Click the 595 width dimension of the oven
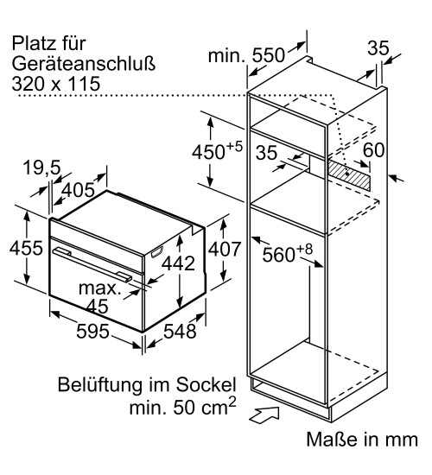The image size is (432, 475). pyautogui.click(x=92, y=331)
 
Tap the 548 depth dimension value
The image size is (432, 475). pyautogui.click(x=180, y=331)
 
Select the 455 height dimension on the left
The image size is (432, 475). pyautogui.click(x=26, y=248)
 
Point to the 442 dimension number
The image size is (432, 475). pyautogui.click(x=178, y=263)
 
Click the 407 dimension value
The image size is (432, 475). pyautogui.click(x=225, y=249)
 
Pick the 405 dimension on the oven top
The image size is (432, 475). pyautogui.click(x=79, y=190)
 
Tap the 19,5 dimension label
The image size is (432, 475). pyautogui.click(x=41, y=168)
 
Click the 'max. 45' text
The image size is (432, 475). pyautogui.click(x=99, y=297)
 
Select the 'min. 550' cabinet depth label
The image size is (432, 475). pyautogui.click(x=246, y=55)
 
